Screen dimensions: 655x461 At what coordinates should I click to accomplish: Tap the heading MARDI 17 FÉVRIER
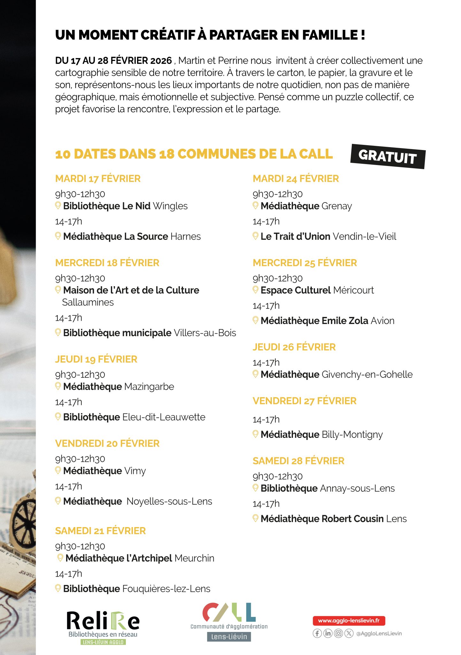click(x=98, y=178)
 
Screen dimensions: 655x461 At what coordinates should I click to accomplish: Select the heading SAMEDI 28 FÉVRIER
click(x=298, y=461)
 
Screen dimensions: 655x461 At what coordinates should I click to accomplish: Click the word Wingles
click(x=170, y=206)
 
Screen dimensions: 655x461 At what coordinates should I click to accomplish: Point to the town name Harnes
click(x=186, y=237)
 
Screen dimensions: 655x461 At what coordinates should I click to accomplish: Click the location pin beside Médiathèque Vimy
click(x=58, y=470)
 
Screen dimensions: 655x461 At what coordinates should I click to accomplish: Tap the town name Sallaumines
click(x=88, y=302)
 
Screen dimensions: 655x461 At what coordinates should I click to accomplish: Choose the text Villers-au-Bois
click(x=205, y=333)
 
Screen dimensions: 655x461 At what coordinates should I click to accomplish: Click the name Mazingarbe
click(x=149, y=387)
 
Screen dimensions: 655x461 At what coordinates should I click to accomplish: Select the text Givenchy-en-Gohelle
click(x=367, y=375)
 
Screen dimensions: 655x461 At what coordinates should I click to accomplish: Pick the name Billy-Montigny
click(x=352, y=435)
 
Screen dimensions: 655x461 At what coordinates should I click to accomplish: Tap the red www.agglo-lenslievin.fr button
click(x=349, y=621)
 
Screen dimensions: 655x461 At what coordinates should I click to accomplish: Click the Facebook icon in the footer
click(x=317, y=633)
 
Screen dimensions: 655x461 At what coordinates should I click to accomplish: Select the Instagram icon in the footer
click(x=339, y=633)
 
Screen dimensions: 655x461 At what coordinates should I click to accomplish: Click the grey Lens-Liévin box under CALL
click(x=229, y=637)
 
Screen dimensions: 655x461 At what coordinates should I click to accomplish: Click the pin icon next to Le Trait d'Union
click(x=255, y=236)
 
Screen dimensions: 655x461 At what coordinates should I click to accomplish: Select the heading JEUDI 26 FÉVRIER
click(x=294, y=347)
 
